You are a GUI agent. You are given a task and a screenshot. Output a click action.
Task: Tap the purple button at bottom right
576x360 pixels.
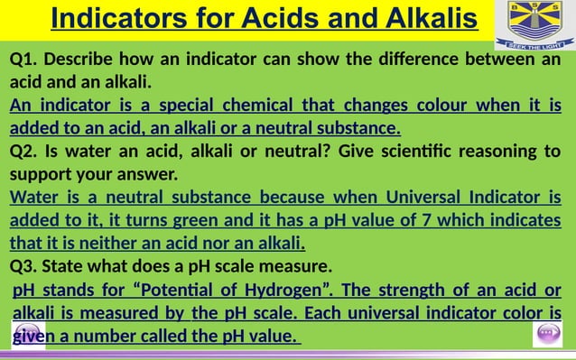[x=548, y=333]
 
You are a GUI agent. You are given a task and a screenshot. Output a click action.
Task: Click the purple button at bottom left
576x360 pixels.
[x=26, y=332]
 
